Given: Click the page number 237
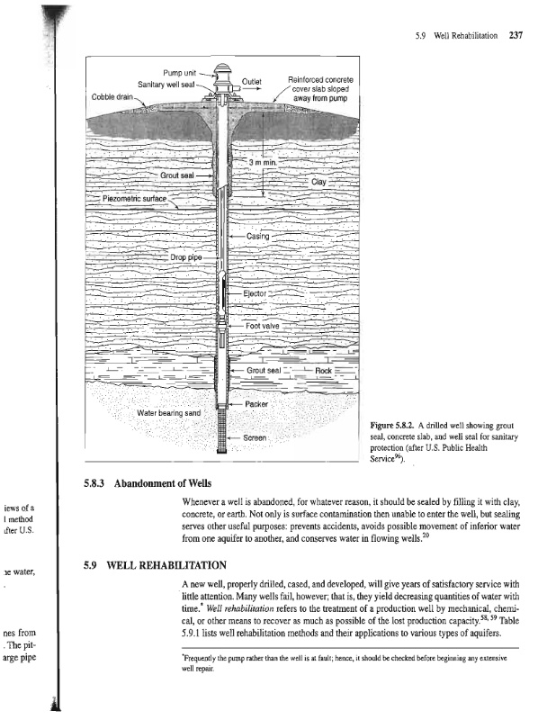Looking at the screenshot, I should click(516, 36).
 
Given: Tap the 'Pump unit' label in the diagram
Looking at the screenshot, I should click(180, 72).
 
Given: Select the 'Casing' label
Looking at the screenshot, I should click(258, 237).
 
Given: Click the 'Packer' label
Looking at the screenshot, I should click(258, 404).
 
